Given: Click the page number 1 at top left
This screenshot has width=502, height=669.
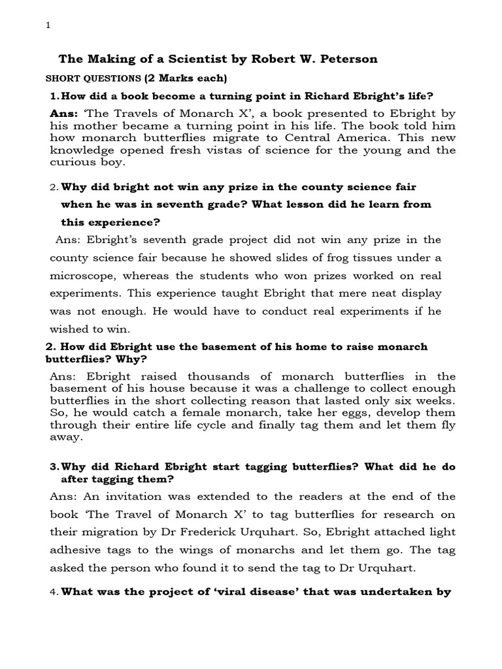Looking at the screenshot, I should (48, 25).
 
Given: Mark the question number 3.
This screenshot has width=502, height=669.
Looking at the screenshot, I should (54, 467).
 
